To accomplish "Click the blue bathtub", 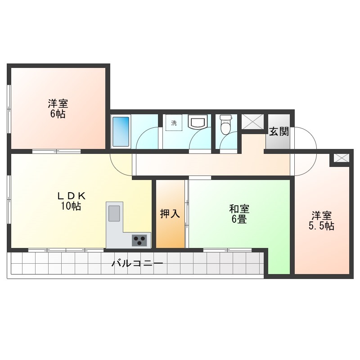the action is tap(121, 131).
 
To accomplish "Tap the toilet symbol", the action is tap(225, 125).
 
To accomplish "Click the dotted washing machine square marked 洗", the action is tap(174, 122).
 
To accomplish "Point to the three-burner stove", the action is tap(139, 240).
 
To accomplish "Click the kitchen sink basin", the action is tap(114, 213).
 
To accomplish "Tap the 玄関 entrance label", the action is tap(279, 131).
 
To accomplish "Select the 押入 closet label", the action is tap(170, 214).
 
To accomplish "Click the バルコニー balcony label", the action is tap(137, 263).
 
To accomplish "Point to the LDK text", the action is tap(72, 196).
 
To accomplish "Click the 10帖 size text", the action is tap(71, 206).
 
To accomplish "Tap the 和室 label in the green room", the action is tap(239, 209).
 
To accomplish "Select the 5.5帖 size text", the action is tap(321, 226).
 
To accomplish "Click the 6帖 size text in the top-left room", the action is tap(58, 114).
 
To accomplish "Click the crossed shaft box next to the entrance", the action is tap(253, 121).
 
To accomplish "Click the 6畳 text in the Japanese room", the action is tap(239, 219).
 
